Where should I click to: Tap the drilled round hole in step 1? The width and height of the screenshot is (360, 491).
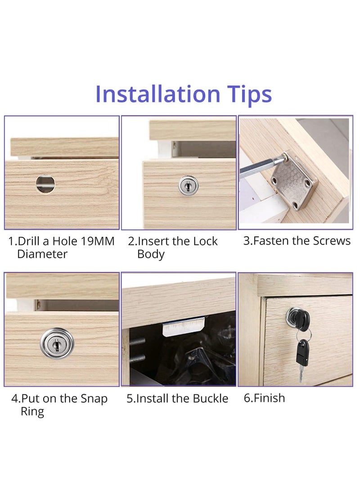pyautogui.click(x=45, y=184)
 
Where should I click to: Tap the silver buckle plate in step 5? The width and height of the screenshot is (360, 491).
pyautogui.click(x=183, y=327)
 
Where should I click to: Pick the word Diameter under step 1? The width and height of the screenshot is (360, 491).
pyautogui.click(x=42, y=254)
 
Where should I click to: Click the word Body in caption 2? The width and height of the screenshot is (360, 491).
pyautogui.click(x=151, y=254)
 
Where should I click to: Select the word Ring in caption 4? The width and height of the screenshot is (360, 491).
pyautogui.click(x=32, y=412)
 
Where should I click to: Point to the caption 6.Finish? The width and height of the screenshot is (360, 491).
pyautogui.click(x=264, y=398)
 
